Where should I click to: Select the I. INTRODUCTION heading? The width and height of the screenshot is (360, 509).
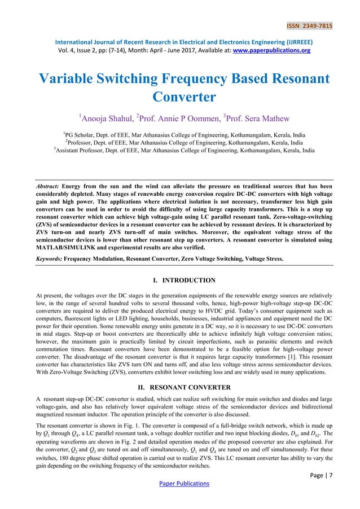[x=180, y=280]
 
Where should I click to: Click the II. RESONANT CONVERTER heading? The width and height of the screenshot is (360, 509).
[x=180, y=387]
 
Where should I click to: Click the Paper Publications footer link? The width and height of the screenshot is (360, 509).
[x=179, y=484]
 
